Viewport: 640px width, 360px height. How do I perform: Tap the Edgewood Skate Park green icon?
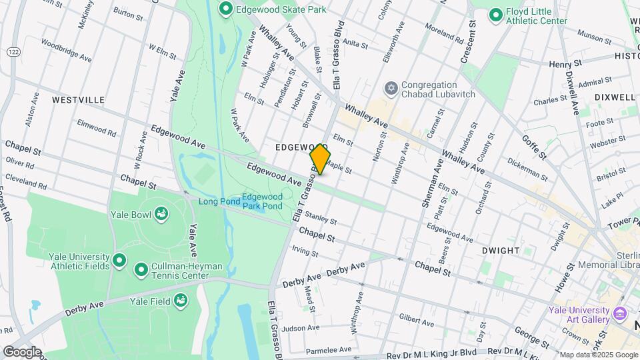225,9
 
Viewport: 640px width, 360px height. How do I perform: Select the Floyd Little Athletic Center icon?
495,15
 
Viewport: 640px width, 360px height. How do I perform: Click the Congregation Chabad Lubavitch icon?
391,89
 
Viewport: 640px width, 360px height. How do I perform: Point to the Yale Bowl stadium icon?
161,213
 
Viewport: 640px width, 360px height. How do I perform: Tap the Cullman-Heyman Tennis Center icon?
141,270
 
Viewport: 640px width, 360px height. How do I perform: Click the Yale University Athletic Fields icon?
119,260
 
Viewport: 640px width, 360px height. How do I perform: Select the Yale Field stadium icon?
181,301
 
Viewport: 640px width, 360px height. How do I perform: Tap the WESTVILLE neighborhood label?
79,100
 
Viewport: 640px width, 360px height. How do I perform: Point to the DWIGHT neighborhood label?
500,251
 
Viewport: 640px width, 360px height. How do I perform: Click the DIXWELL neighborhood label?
613,97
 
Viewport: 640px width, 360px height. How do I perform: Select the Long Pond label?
218,201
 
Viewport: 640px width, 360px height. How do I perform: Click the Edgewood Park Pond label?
262,201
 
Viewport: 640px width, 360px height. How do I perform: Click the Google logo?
22,351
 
